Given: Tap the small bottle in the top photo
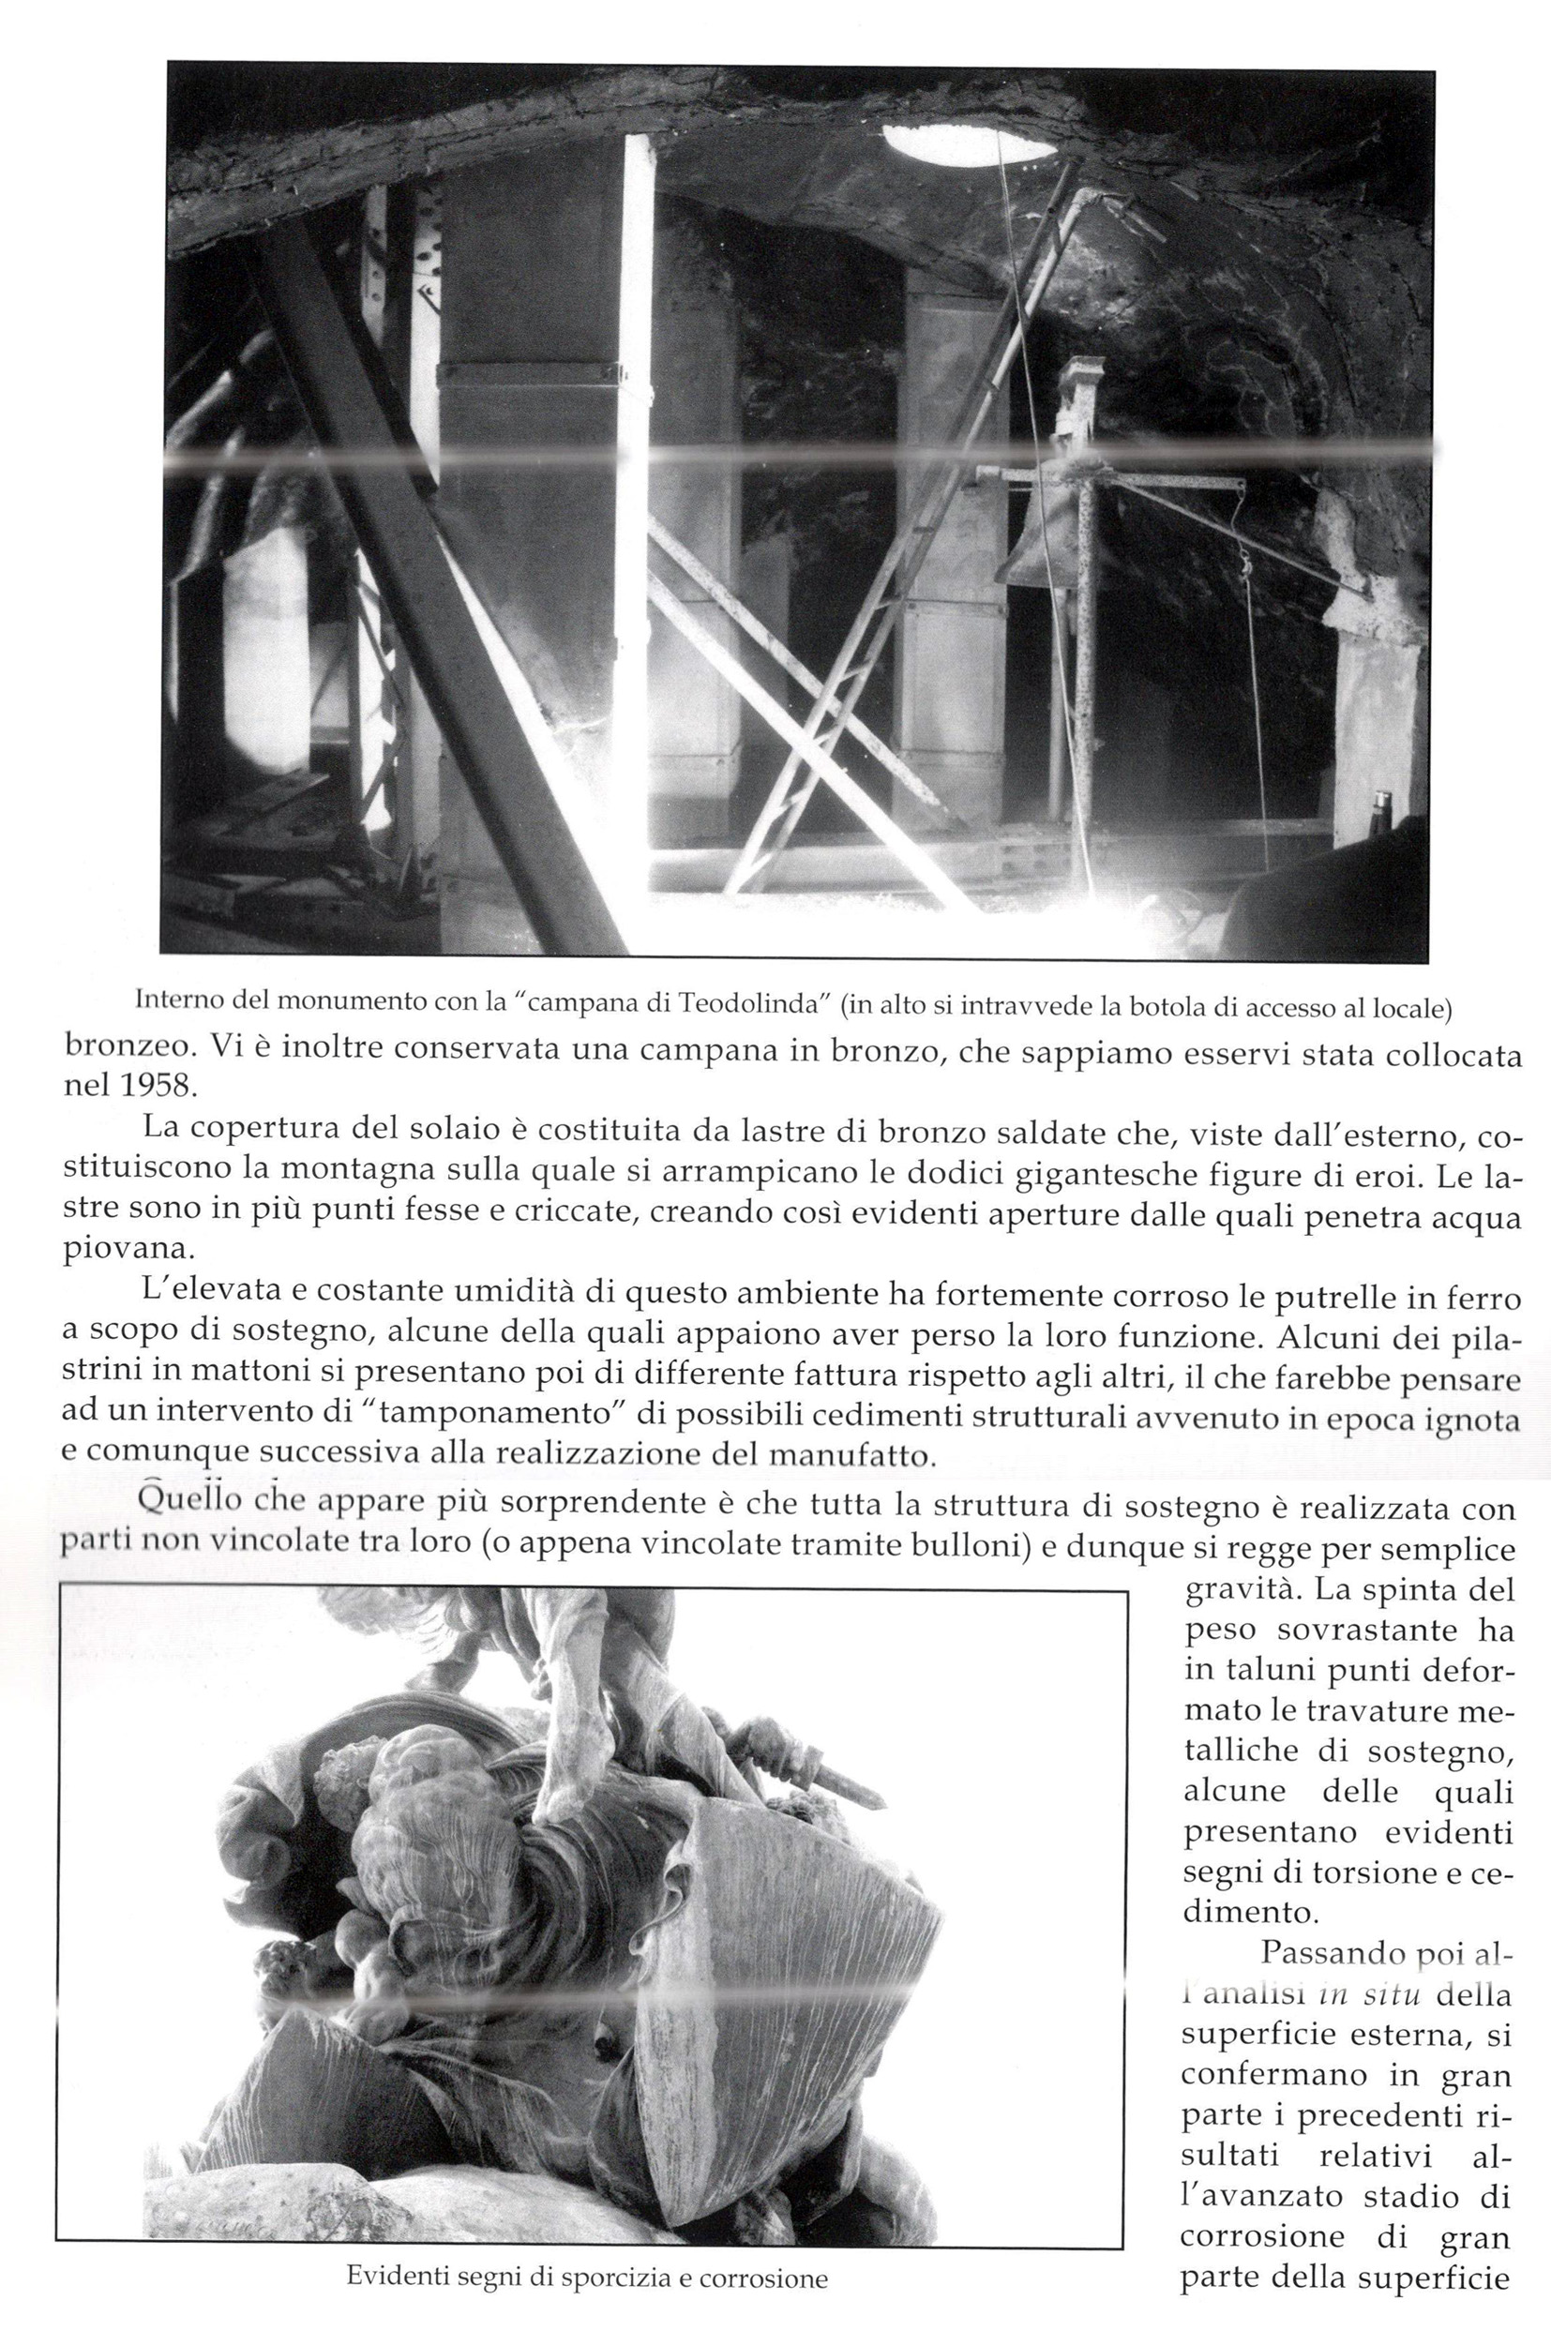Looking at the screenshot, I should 1383,813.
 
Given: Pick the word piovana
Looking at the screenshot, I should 124,1250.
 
